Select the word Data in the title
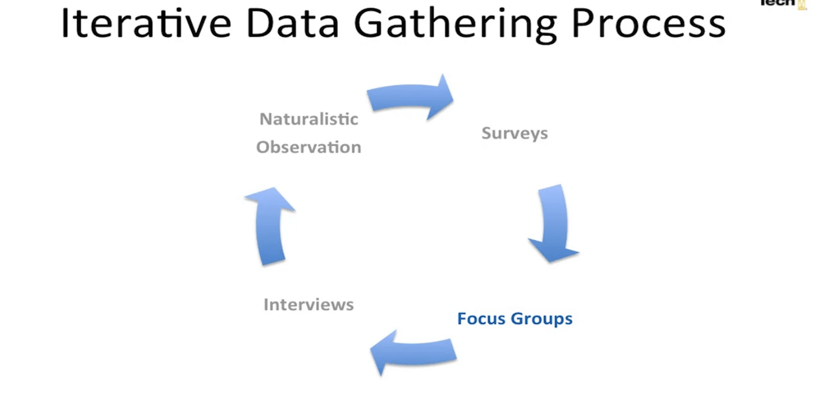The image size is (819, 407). point(292,23)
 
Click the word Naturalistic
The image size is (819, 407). point(309,119)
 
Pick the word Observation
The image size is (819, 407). point(309,147)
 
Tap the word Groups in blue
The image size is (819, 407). point(542,319)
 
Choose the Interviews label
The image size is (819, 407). point(309,304)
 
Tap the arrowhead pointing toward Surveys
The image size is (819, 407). point(441,98)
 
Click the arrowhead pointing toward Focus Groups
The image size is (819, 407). point(553,250)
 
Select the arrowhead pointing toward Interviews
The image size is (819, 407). point(383,352)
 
